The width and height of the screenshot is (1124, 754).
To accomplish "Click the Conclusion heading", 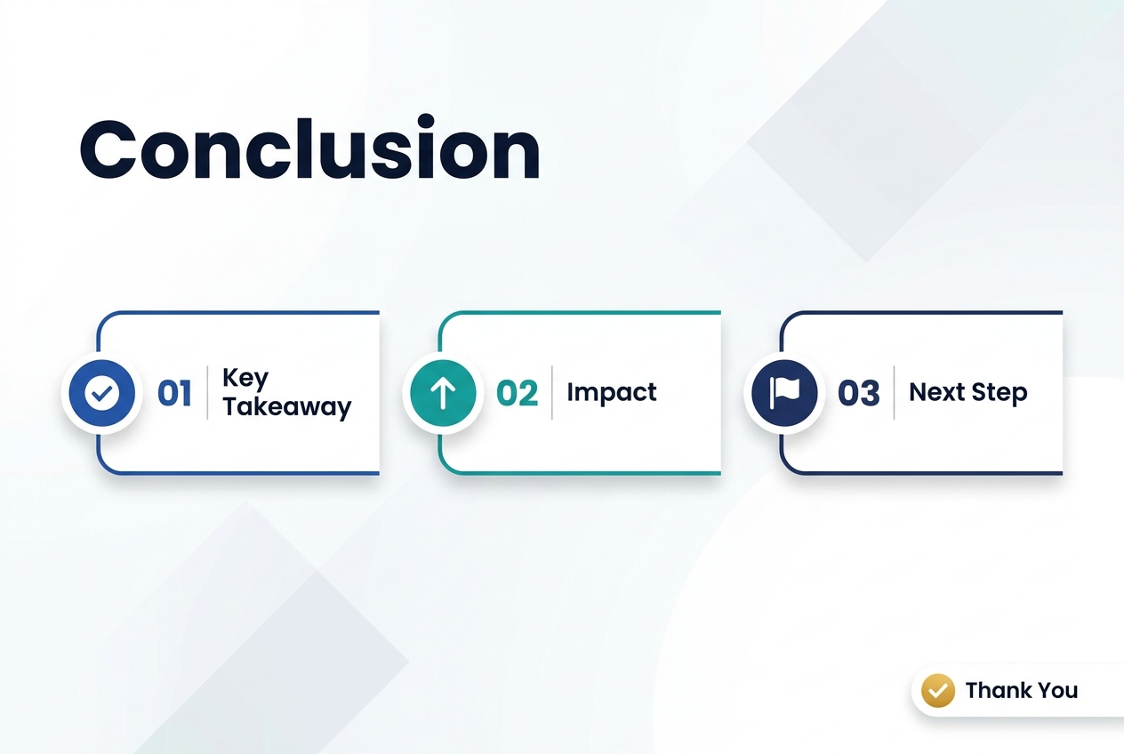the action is click(x=309, y=148).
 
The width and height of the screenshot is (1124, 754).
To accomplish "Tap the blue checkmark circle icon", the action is click(x=102, y=393).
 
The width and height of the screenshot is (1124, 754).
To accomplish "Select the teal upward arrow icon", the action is click(x=443, y=393).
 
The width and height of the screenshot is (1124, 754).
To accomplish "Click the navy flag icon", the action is click(x=784, y=393).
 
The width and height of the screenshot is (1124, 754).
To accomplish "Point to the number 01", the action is click(x=174, y=393).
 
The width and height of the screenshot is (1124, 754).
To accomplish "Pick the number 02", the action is click(x=517, y=393).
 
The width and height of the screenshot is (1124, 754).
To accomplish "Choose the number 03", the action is click(x=858, y=393).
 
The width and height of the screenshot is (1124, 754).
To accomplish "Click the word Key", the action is click(x=245, y=378).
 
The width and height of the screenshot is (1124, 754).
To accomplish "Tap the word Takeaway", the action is click(x=287, y=407).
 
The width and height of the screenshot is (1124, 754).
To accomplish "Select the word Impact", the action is click(x=611, y=392).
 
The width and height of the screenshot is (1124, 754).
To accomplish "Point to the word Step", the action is click(x=1000, y=393).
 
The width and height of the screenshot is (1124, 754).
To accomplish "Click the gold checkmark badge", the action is click(x=937, y=690).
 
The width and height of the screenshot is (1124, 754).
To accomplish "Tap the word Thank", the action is click(x=997, y=690).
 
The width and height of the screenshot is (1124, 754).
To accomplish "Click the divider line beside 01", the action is click(x=207, y=392).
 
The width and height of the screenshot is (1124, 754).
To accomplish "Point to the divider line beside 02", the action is click(x=552, y=392).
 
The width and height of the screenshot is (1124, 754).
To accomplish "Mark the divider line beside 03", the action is click(x=894, y=392).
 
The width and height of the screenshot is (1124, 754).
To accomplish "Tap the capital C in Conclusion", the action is click(x=108, y=149).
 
